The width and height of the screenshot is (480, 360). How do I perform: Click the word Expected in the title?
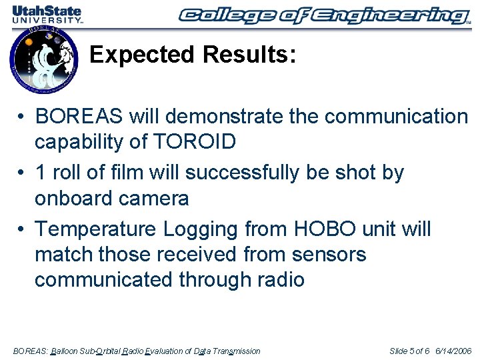coord(139,55)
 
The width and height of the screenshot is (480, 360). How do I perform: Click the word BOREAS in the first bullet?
coord(79,117)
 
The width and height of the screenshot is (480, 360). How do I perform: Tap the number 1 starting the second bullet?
coord(41,173)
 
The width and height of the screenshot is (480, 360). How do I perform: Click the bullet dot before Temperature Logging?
coord(22,230)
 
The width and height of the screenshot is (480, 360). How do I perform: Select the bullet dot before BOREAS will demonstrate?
coord(22,117)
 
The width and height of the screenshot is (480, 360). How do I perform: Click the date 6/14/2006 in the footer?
coord(453,351)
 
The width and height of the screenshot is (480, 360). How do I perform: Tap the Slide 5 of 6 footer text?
coord(409,351)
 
